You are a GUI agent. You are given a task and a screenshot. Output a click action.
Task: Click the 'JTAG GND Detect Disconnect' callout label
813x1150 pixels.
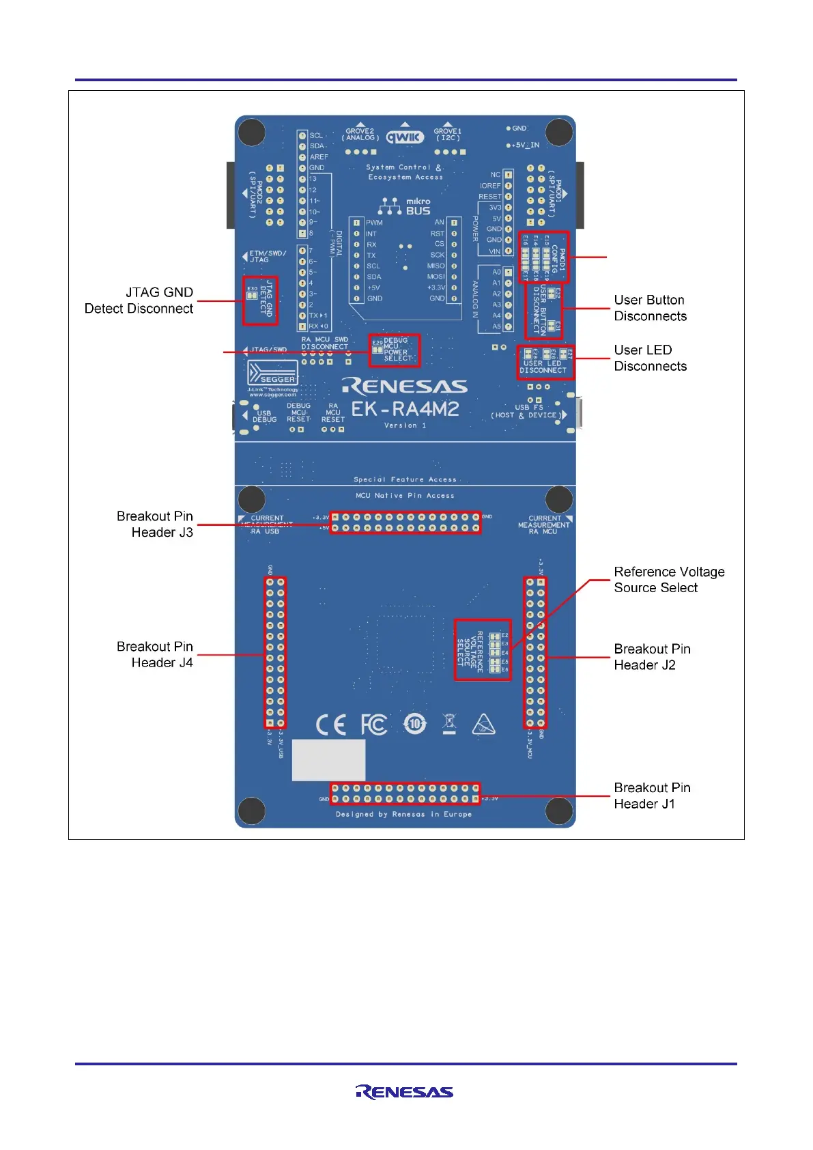pos(139,300)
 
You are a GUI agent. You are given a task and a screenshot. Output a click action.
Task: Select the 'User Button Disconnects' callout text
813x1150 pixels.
pos(650,308)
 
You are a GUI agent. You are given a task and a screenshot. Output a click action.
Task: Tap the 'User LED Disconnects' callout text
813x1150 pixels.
pos(650,358)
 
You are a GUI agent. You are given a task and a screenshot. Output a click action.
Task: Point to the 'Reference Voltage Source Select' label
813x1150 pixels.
pos(668,580)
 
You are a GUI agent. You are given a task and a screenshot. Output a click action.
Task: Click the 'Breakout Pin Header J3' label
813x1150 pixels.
pos(155,524)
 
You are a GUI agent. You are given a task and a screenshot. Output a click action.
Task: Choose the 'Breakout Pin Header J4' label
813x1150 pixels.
pos(155,654)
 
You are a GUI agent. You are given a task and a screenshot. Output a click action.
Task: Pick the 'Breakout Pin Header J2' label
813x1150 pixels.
pos(651,657)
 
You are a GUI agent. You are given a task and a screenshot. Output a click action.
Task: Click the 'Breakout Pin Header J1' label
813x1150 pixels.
pos(651,796)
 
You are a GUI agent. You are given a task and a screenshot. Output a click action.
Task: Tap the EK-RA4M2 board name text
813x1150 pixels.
pos(405,409)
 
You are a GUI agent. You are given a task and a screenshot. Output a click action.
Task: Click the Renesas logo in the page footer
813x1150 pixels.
pos(404,1092)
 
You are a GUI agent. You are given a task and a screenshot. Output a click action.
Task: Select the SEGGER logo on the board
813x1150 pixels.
pos(273,375)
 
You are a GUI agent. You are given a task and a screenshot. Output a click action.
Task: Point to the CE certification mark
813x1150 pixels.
pos(331,725)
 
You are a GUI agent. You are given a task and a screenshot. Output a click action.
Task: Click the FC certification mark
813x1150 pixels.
pos(374,725)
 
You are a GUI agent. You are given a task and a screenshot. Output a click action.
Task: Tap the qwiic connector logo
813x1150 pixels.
pos(405,137)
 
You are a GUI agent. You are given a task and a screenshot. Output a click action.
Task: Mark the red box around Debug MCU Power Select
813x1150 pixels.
pos(394,350)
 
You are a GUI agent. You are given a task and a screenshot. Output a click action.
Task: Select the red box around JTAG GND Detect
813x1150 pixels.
pos(260,300)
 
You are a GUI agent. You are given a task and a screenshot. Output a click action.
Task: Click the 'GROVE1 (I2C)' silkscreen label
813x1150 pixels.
pos(448,135)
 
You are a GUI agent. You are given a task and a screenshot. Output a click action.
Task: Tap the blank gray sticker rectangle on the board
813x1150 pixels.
pos(328,759)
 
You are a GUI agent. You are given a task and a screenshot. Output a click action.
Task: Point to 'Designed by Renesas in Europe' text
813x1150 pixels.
pos(403,814)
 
